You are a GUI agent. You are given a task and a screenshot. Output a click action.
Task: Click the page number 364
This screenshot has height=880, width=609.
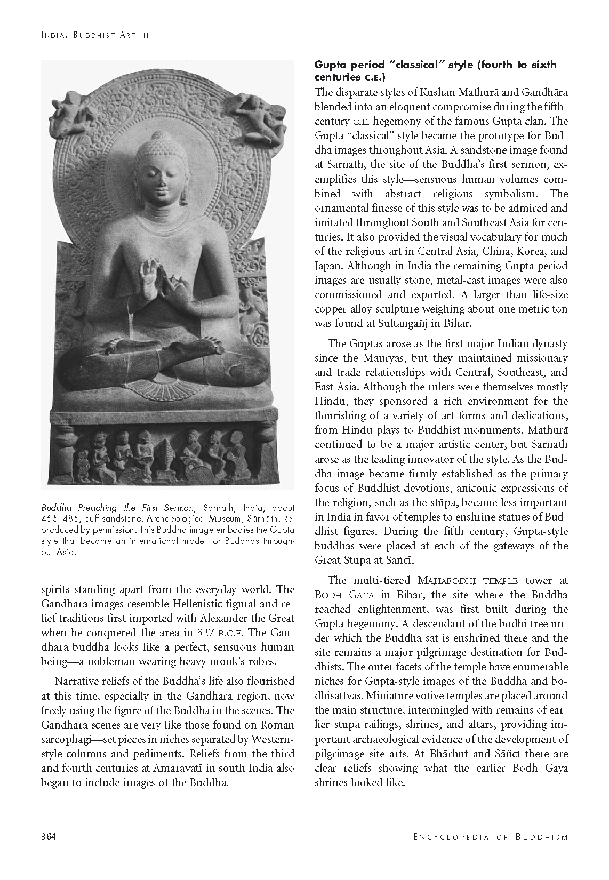tap(49, 837)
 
